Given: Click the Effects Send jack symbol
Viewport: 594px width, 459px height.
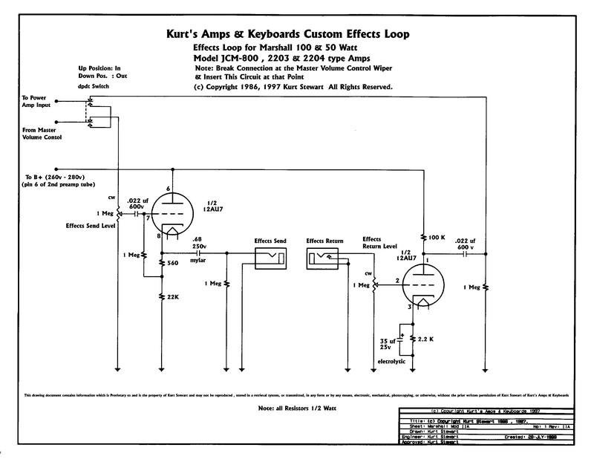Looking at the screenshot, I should (x=270, y=257).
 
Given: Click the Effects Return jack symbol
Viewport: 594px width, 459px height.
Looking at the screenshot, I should (x=322, y=257).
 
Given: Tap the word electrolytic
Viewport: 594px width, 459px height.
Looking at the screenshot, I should (x=393, y=360).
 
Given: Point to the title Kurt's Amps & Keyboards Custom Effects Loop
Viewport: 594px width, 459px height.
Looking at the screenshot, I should (x=297, y=34).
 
